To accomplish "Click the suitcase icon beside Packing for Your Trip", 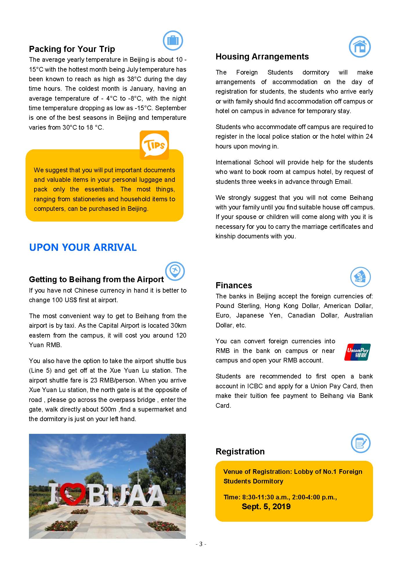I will pyautogui.click(x=173, y=41).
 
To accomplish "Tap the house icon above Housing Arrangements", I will pyautogui.click(x=360, y=47).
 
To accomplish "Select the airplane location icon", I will pyautogui.click(x=175, y=271).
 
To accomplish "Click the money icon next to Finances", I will pyautogui.click(x=360, y=277).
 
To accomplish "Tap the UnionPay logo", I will pyautogui.click(x=357, y=352).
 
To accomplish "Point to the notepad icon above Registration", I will pyautogui.click(x=361, y=443).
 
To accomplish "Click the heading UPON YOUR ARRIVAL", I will pyautogui.click(x=83, y=247).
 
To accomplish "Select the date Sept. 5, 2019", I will pyautogui.click(x=266, y=507).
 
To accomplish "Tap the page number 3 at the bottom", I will pyautogui.click(x=201, y=544).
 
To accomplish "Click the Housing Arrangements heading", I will pyautogui.click(x=262, y=57).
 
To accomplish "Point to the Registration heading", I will pyautogui.click(x=240, y=452).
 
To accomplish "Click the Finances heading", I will pyautogui.click(x=234, y=285).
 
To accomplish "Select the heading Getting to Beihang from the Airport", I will pyautogui.click(x=96, y=279).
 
